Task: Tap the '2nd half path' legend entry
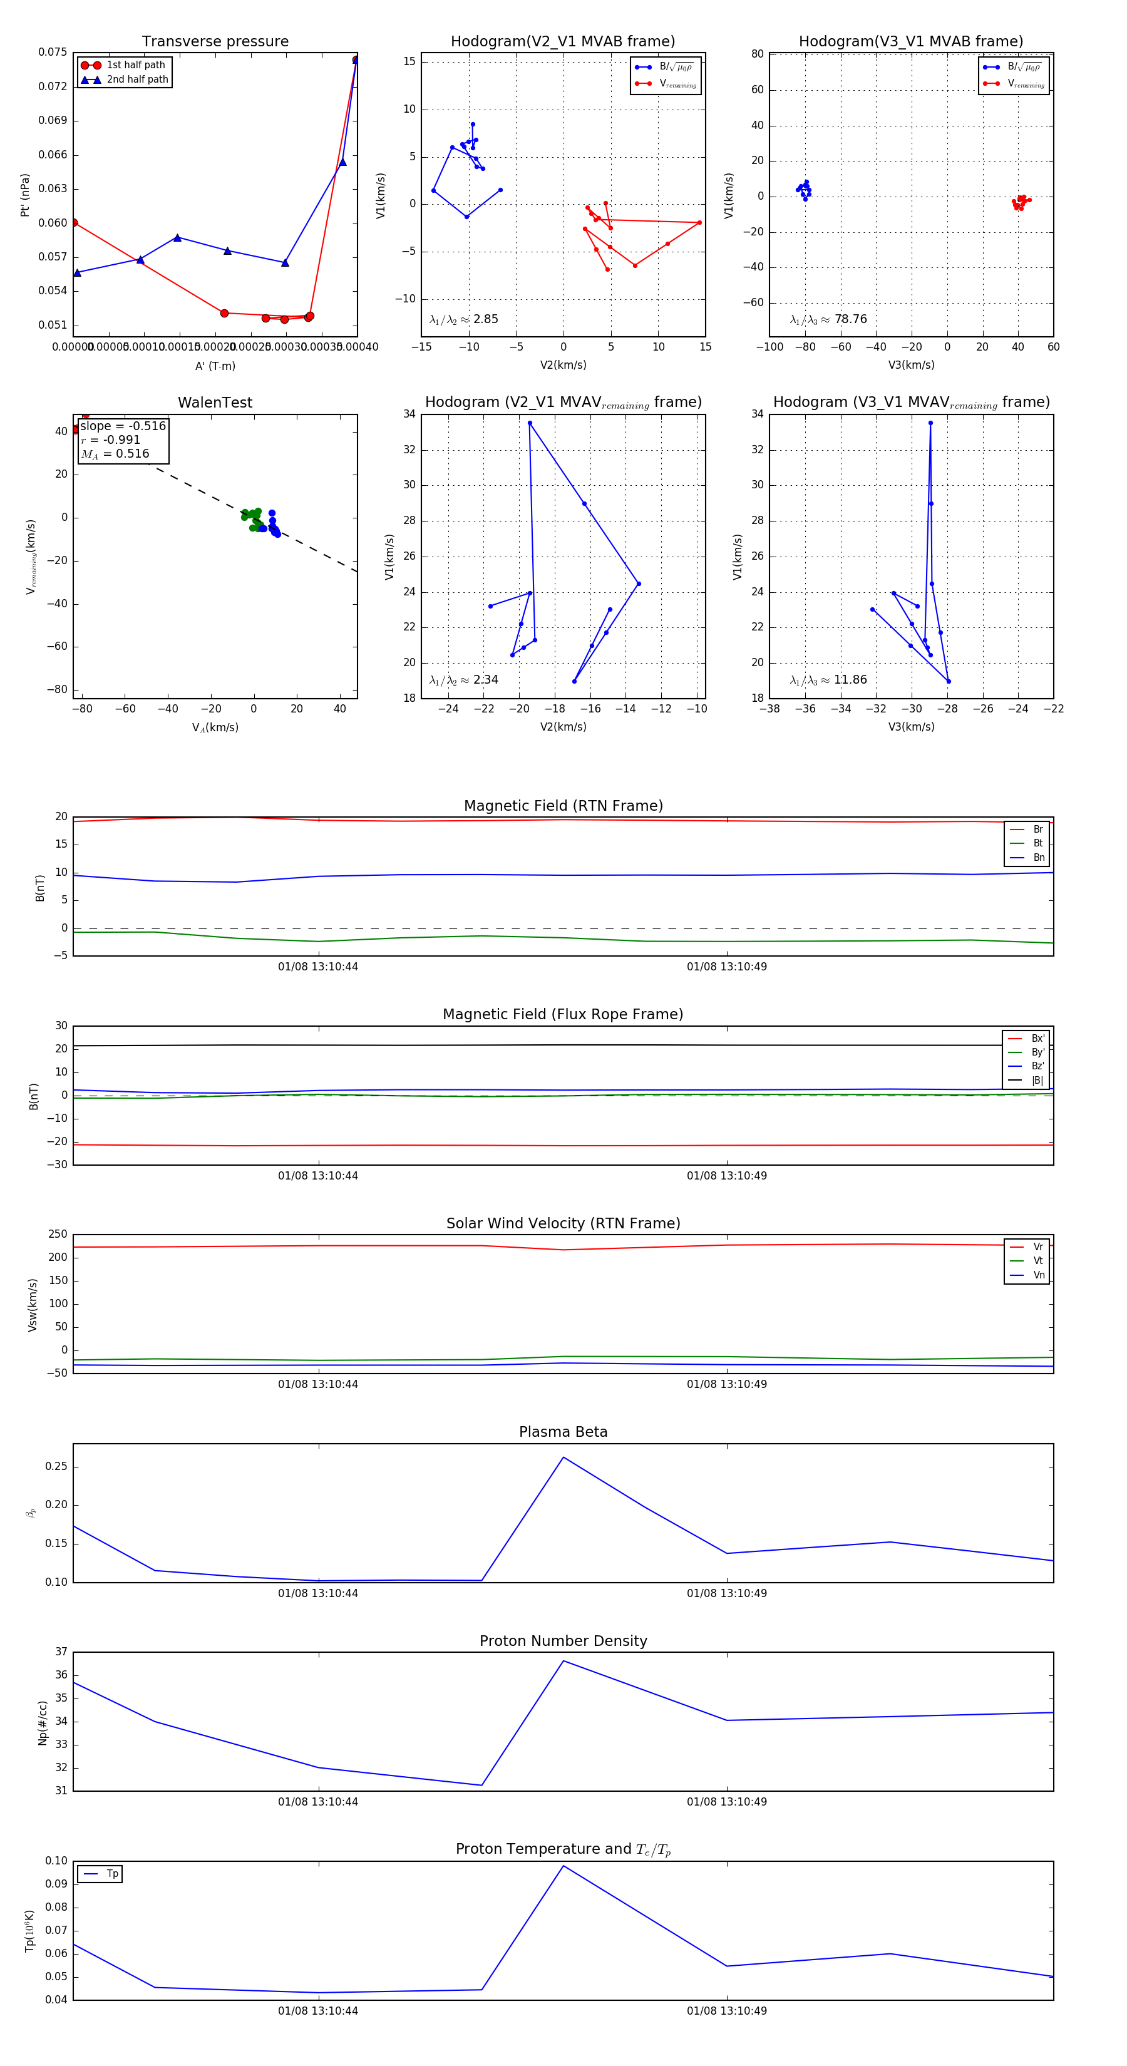[137, 80]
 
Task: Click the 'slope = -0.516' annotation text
[123, 426]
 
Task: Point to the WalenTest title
[215, 403]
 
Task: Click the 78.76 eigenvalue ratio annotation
[850, 319]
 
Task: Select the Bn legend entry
[1038, 857]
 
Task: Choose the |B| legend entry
[1036, 1081]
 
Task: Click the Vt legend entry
[1037, 1261]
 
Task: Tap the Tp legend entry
[112, 1874]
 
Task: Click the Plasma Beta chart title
[563, 1432]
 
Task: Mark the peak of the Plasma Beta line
[563, 1457]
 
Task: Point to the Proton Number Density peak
[563, 1660]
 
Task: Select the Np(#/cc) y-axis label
[43, 1723]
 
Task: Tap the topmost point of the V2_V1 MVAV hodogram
[530, 423]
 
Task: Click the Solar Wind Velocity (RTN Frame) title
[563, 1223]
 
